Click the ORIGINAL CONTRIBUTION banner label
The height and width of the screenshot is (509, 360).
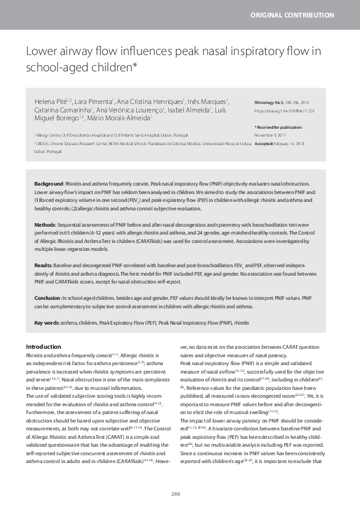click(x=300, y=15)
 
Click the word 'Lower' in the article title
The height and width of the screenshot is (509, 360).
click(x=41, y=52)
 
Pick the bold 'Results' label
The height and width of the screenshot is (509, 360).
click(x=44, y=265)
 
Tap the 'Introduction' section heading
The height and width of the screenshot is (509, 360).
click(x=44, y=346)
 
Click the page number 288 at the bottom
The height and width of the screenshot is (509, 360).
click(x=176, y=494)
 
